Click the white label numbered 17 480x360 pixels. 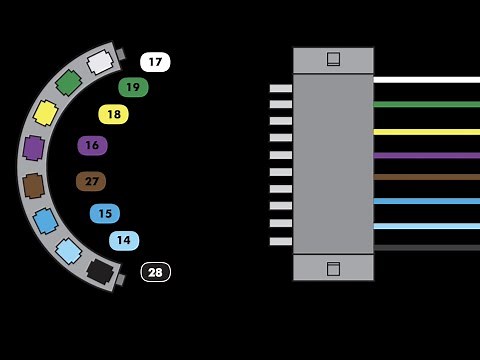pyautogui.click(x=155, y=62)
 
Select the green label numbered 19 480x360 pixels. pyautogui.click(x=133, y=87)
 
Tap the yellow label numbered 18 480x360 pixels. pyautogui.click(x=114, y=114)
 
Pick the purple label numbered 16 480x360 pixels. pyautogui.click(x=92, y=145)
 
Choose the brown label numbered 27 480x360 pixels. pyautogui.click(x=91, y=181)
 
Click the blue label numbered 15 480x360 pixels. pyautogui.click(x=104, y=213)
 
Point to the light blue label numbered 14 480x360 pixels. pyautogui.click(x=124, y=240)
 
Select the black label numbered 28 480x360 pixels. pyautogui.click(x=155, y=272)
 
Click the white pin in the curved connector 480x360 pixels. pyautogui.click(x=100, y=62)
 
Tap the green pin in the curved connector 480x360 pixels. pyautogui.click(x=69, y=82)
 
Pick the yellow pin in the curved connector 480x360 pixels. pyautogui.click(x=46, y=112)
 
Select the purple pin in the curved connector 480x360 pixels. pyautogui.click(x=34, y=148)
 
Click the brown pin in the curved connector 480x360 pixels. pyautogui.click(x=34, y=185)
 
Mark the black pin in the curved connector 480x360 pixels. pyautogui.click(x=100, y=270)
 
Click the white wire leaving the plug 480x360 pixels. pyautogui.click(x=426, y=79)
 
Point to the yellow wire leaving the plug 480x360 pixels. pyautogui.click(x=426, y=131)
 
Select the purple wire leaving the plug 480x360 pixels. pyautogui.click(x=426, y=155)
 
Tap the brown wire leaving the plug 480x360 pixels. pyautogui.click(x=426, y=177)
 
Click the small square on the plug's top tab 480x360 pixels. pyautogui.click(x=333, y=59)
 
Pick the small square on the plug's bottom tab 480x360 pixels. pyautogui.click(x=333, y=268)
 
